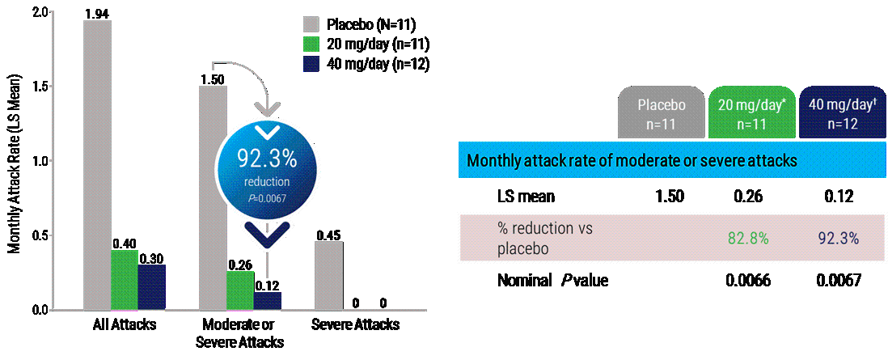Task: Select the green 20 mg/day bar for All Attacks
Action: [124, 280]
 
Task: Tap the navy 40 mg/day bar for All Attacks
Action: [151, 287]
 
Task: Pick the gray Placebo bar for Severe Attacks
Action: [329, 276]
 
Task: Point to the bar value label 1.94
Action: [97, 13]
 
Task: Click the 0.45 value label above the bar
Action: [329, 235]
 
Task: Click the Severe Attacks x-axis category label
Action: [356, 325]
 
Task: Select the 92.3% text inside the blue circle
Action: [267, 159]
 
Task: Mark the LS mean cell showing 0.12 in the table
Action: [837, 196]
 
